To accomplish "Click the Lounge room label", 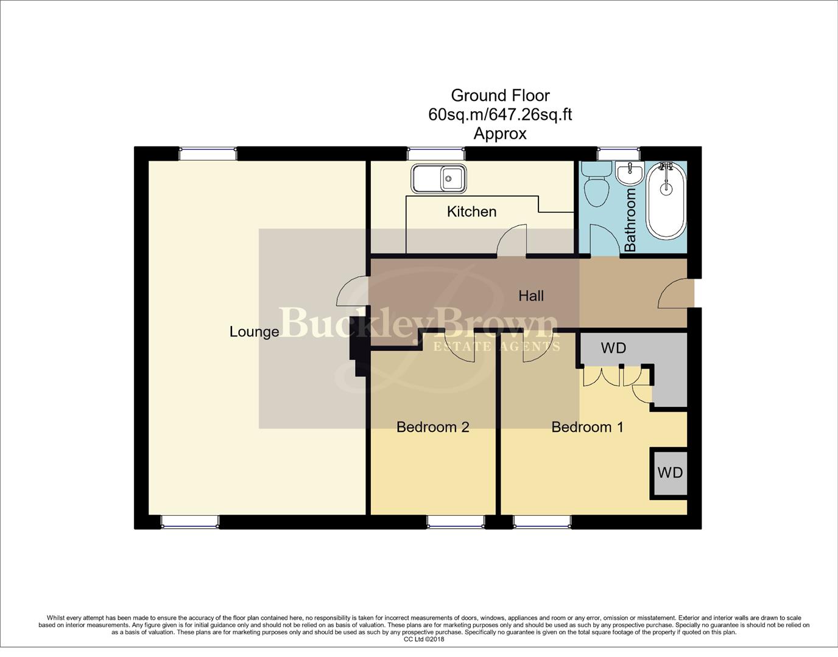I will click(x=254, y=332).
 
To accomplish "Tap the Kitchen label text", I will click(x=471, y=212).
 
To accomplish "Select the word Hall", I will click(x=530, y=296).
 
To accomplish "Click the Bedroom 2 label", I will click(x=432, y=427).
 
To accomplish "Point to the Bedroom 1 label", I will click(x=587, y=427).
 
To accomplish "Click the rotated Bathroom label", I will click(x=630, y=220).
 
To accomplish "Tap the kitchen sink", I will click(x=438, y=178).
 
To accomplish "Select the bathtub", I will click(x=666, y=201).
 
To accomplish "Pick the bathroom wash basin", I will click(x=630, y=173).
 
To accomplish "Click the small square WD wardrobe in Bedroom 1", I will click(x=669, y=473).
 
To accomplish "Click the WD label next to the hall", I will click(x=613, y=348).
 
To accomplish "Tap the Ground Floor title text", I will click(x=500, y=96).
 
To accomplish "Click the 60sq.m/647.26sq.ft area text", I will click(x=500, y=114).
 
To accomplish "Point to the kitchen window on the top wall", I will click(x=436, y=153).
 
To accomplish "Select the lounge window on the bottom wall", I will click(x=189, y=521).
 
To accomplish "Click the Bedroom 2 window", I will click(x=456, y=521).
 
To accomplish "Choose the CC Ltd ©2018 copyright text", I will click(x=424, y=639).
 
